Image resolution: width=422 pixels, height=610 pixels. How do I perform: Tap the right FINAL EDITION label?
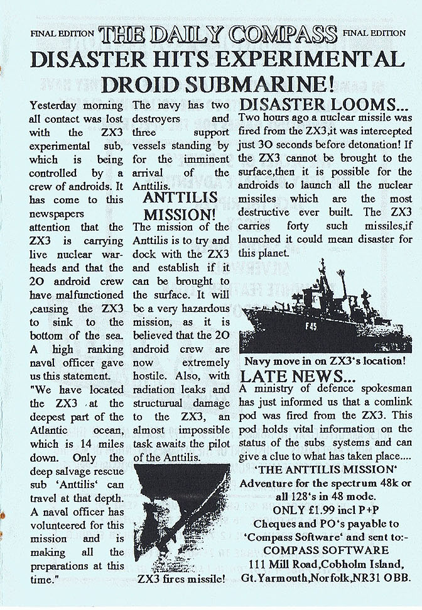pyautogui.click(x=373, y=33)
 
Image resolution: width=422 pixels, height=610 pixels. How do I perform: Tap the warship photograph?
pyautogui.click(x=322, y=306)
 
